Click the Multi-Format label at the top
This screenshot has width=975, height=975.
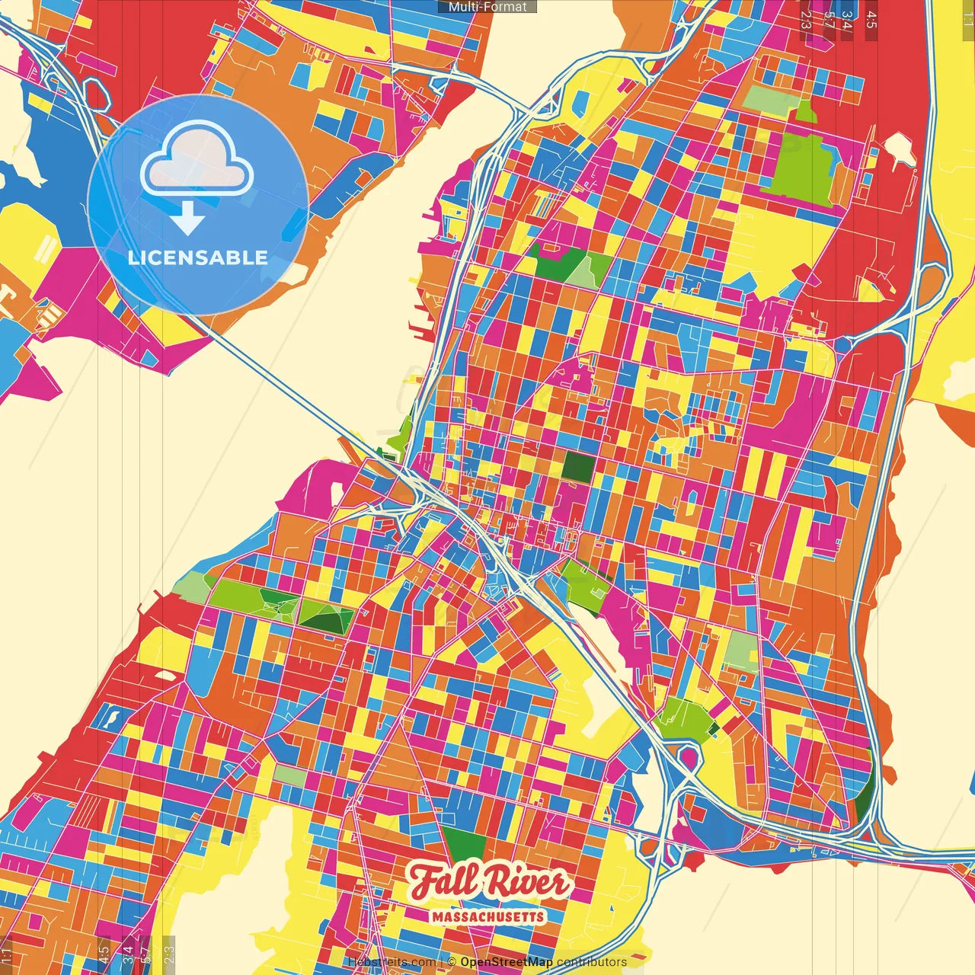[487, 7]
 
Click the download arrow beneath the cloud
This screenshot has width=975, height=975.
[187, 218]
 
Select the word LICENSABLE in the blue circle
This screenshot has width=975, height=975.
[197, 257]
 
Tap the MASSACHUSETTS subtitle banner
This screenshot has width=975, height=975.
[487, 916]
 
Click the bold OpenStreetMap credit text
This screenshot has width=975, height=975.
[506, 962]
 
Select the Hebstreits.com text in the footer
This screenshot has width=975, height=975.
[392, 962]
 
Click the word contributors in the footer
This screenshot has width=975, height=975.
[591, 962]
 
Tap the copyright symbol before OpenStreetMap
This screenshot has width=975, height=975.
[452, 962]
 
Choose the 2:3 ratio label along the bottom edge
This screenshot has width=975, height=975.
[169, 951]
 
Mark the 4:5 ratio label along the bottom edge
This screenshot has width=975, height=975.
[104, 951]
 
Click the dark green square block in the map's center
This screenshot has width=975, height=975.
[577, 467]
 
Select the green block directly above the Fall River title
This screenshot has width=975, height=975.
[464, 843]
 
